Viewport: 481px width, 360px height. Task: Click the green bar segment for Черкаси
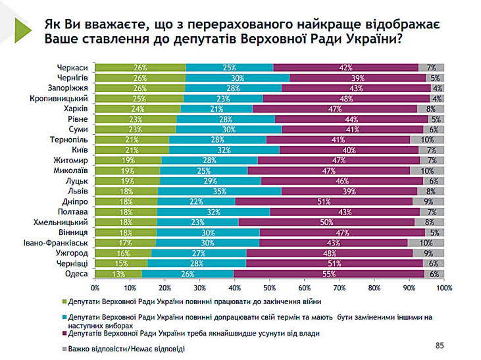point(140,67)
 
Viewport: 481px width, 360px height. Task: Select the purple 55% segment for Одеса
point(342,273)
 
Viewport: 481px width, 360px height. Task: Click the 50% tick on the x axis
point(270,288)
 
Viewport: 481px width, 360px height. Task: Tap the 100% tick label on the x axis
point(443,288)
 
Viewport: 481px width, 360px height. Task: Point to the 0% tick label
point(95,288)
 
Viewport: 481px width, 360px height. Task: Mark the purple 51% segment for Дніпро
point(323,201)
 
